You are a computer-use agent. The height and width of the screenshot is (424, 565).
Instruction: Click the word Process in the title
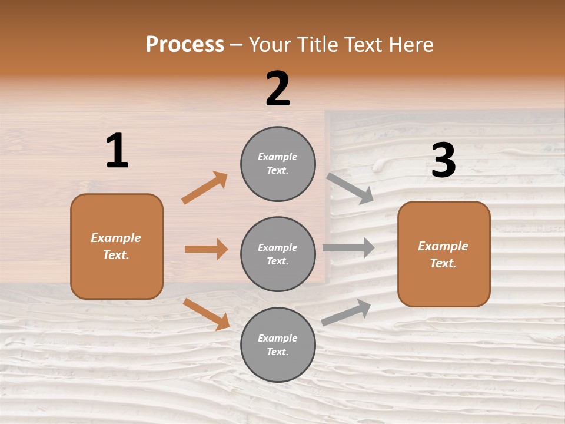coord(185,45)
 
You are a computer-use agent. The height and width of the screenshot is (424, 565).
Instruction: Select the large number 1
coord(117,151)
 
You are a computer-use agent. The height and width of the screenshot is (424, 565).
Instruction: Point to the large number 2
coord(278,89)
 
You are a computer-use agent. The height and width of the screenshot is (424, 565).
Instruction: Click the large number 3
coord(443,161)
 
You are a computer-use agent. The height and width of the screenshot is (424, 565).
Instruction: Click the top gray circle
coord(278,164)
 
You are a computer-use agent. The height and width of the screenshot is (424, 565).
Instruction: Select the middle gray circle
coord(278,254)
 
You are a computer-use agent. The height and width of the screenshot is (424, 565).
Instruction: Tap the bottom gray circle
coord(278,344)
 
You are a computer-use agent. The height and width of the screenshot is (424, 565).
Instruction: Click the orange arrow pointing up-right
coord(204,188)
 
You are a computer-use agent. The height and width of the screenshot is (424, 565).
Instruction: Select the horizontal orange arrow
coord(206,249)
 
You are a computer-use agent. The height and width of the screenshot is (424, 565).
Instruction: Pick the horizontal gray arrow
coord(348,248)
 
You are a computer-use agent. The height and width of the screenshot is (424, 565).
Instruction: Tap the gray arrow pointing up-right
coord(346,312)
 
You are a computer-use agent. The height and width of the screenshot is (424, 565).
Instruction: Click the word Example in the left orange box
coord(116,238)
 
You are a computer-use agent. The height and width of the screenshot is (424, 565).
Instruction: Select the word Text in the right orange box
coord(442,263)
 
